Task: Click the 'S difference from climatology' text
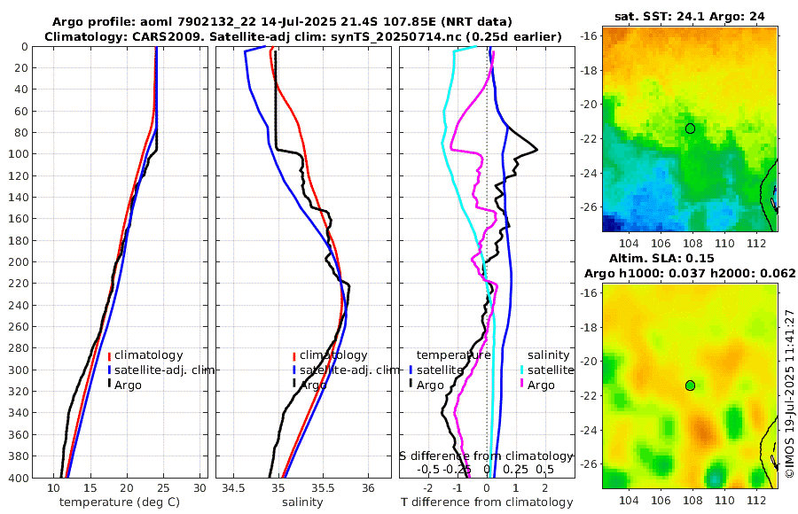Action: point(486,455)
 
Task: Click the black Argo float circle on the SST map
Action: point(690,128)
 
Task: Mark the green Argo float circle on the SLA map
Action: point(690,385)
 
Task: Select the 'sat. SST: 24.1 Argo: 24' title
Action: point(689,16)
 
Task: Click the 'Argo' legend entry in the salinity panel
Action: point(312,385)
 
